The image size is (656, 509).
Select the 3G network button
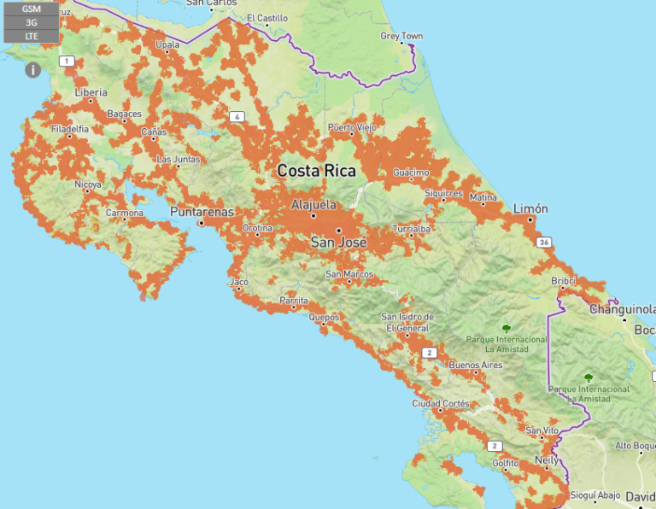(32, 23)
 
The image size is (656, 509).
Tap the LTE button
(32, 36)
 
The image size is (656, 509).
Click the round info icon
(32, 70)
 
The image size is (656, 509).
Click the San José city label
(338, 243)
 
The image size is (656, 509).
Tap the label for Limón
(530, 209)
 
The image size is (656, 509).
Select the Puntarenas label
(202, 212)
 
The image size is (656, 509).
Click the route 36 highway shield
(544, 243)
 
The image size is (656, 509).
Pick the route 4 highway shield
(236, 116)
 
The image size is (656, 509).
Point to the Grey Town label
(401, 36)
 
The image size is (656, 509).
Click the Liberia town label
(91, 92)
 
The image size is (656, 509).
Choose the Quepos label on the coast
(324, 317)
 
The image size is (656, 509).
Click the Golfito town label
(505, 463)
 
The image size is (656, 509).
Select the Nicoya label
(87, 184)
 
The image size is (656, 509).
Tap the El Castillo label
(267, 17)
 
